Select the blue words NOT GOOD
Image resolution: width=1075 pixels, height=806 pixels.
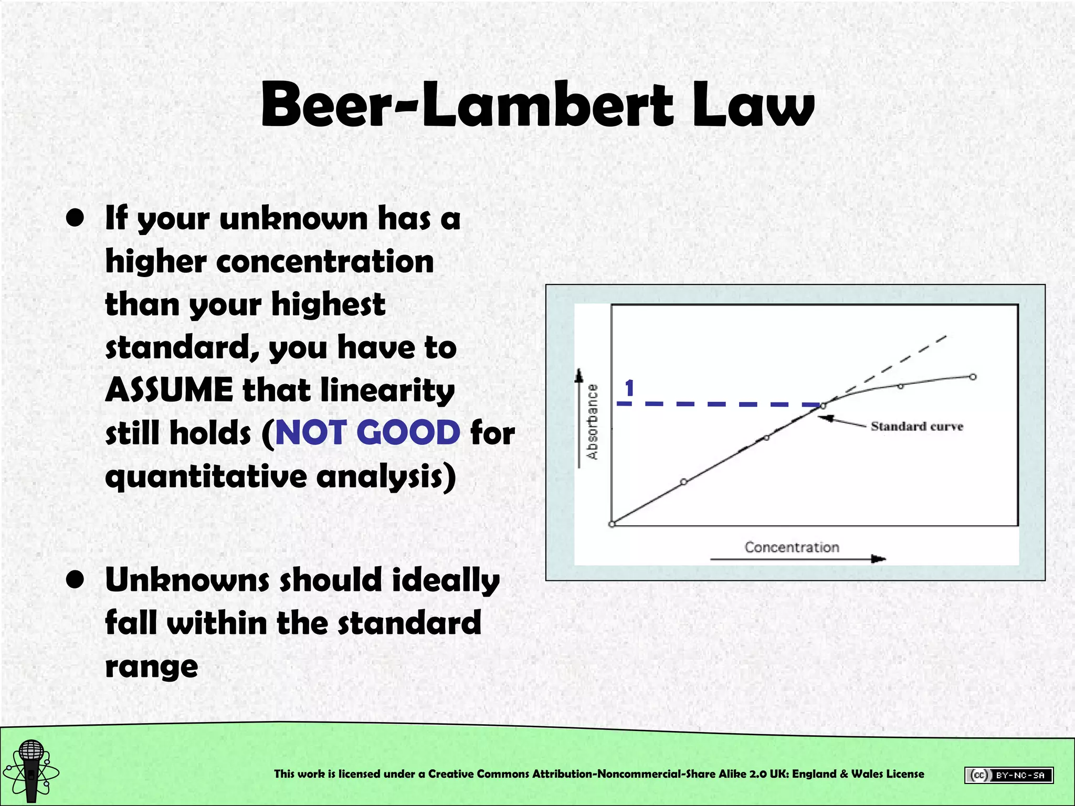click(x=367, y=433)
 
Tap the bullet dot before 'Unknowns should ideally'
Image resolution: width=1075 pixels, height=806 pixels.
click(x=76, y=580)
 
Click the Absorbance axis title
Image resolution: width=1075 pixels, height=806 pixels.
click(x=593, y=422)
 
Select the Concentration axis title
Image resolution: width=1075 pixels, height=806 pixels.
click(x=792, y=547)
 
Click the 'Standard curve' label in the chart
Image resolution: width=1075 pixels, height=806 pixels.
click(x=916, y=426)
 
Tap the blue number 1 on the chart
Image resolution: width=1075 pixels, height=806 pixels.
click(x=629, y=389)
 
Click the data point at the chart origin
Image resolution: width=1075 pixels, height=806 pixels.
click(x=612, y=524)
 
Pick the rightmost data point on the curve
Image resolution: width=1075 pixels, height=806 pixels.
click(x=973, y=377)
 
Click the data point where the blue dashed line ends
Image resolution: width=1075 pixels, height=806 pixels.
click(x=823, y=406)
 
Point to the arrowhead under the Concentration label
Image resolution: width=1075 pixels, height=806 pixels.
click(x=879, y=559)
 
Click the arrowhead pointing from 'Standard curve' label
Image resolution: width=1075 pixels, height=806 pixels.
click(x=827, y=418)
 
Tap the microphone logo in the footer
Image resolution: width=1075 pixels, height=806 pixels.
click(x=31, y=770)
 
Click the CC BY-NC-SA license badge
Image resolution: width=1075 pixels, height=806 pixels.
click(x=1008, y=775)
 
